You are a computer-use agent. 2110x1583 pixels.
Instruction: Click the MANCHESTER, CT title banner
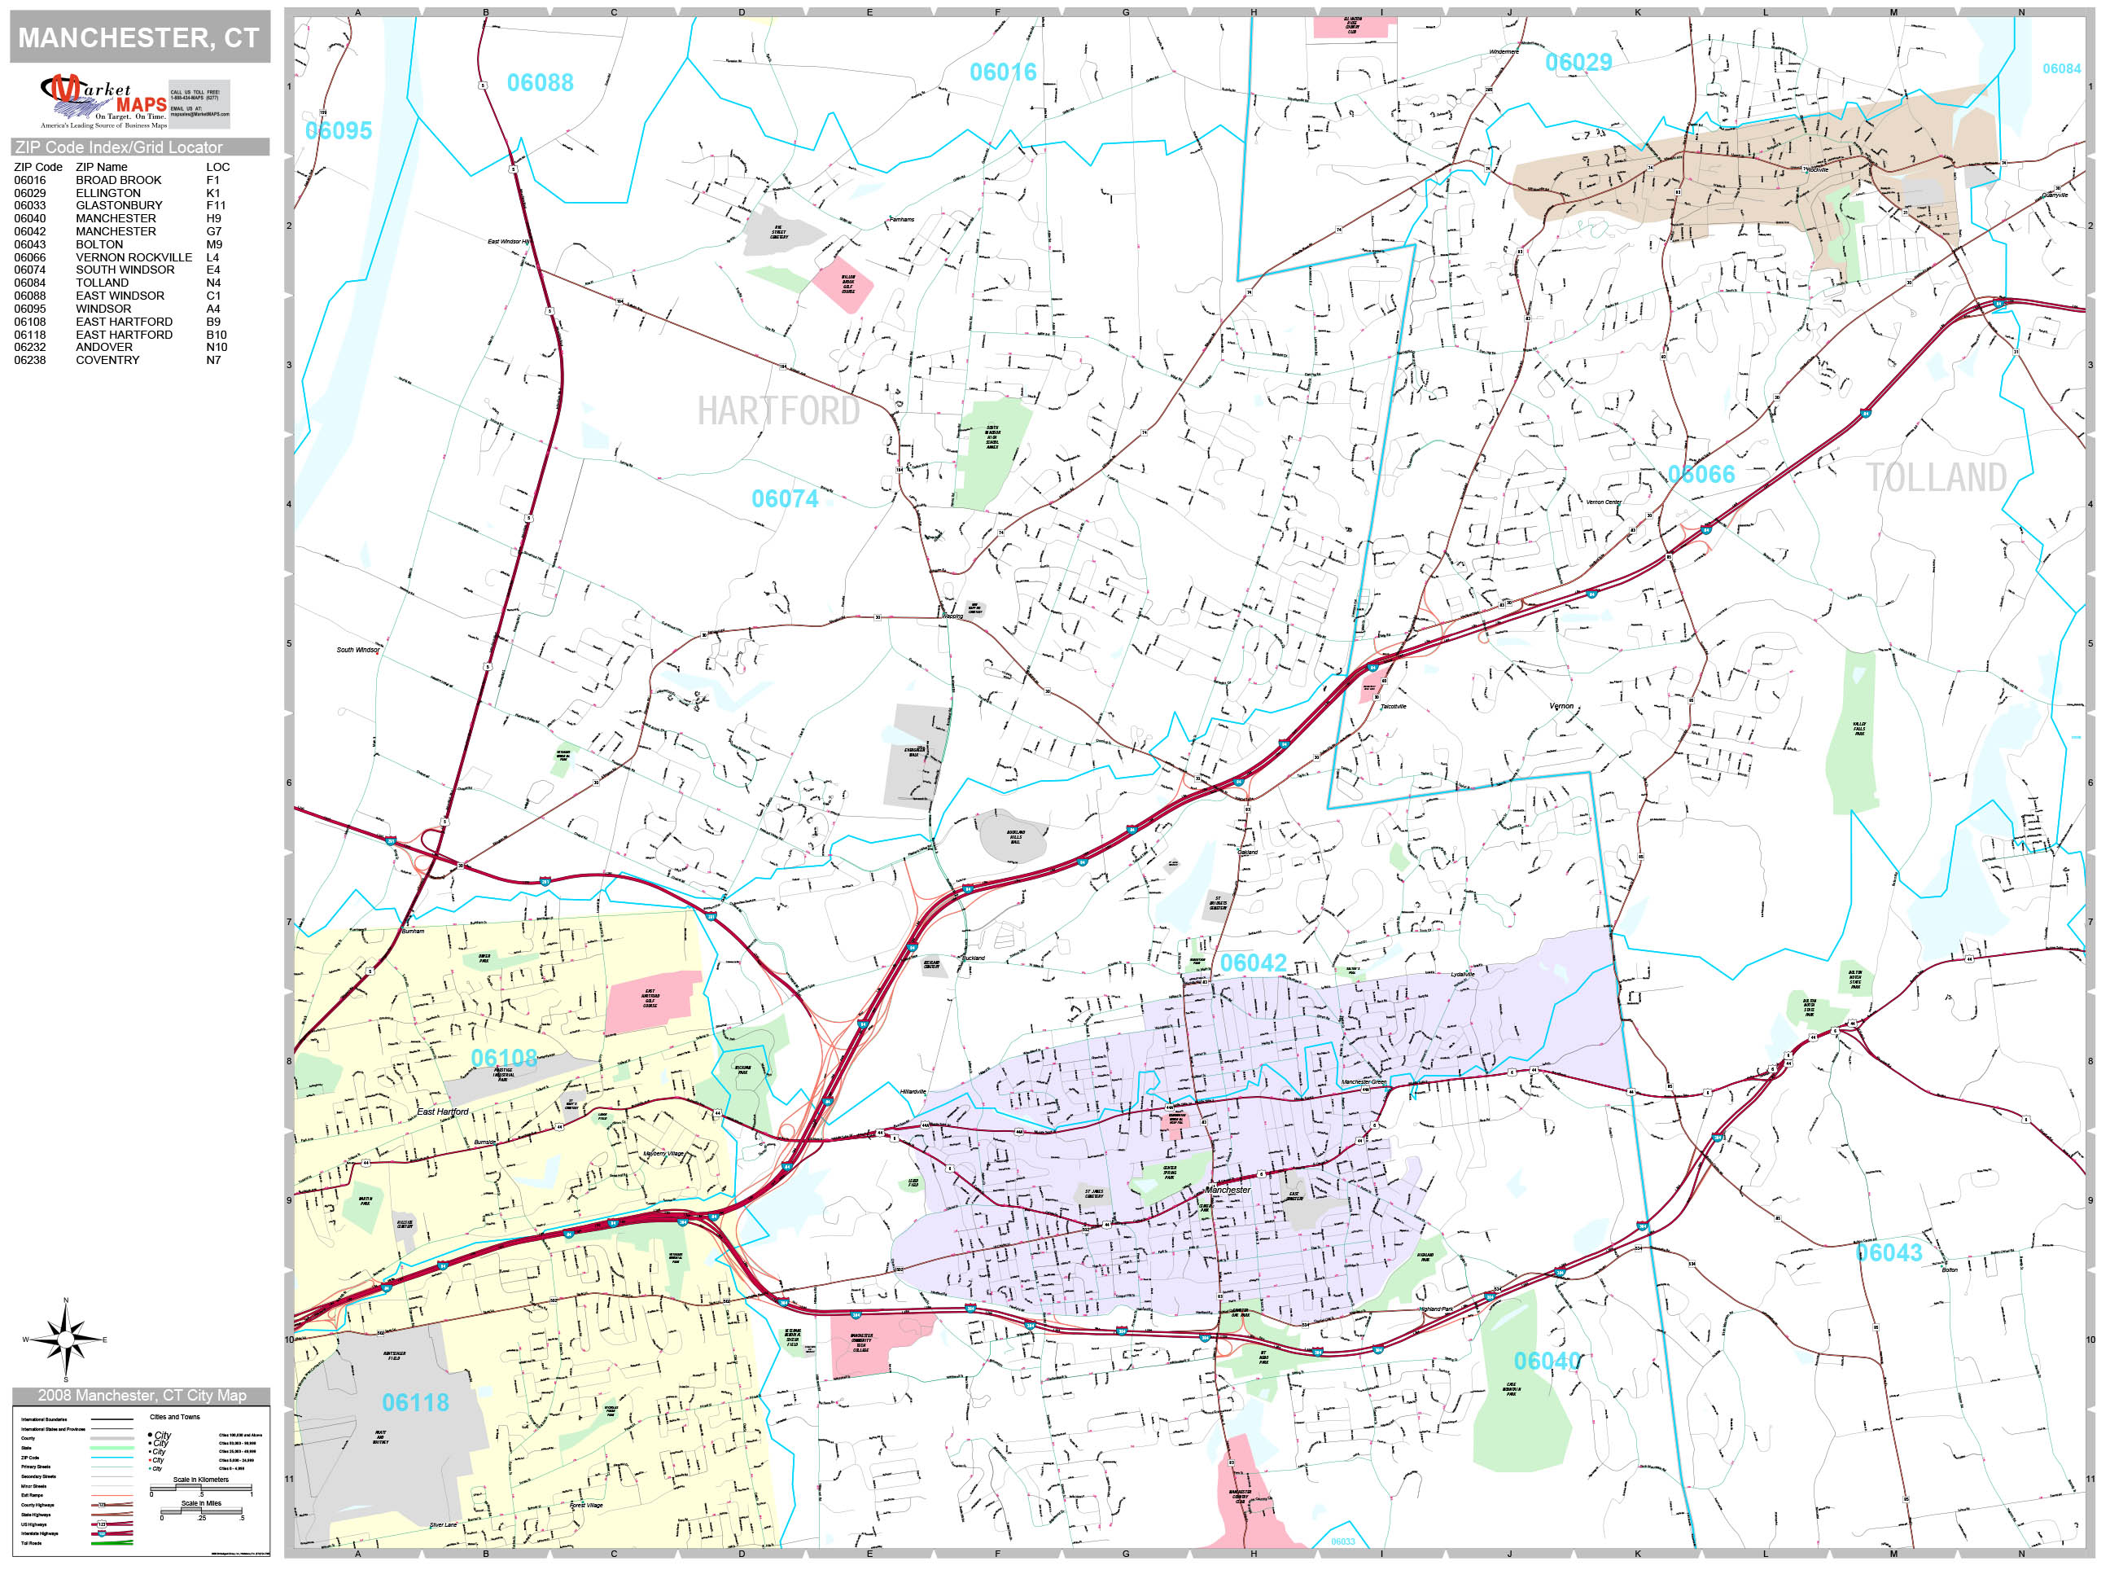pyautogui.click(x=139, y=37)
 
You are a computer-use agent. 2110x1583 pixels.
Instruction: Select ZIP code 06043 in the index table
pyautogui.click(x=29, y=244)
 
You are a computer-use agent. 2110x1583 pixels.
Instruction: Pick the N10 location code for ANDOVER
pyautogui.click(x=217, y=348)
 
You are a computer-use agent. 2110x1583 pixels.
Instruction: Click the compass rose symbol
pyautogui.click(x=65, y=1339)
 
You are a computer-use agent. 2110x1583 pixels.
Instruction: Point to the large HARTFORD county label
pyautogui.click(x=778, y=411)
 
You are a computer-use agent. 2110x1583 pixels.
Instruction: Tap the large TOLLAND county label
pyautogui.click(x=1936, y=477)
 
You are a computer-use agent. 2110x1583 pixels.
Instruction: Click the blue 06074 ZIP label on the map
pyautogui.click(x=784, y=498)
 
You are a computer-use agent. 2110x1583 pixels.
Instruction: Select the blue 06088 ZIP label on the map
pyautogui.click(x=540, y=83)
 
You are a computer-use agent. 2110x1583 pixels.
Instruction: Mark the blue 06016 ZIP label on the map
pyautogui.click(x=1003, y=72)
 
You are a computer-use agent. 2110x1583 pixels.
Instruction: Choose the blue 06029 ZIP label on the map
pyautogui.click(x=1578, y=63)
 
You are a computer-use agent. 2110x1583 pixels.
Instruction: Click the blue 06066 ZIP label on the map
pyautogui.click(x=1701, y=474)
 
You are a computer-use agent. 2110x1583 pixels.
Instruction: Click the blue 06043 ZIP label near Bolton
pyautogui.click(x=1889, y=1253)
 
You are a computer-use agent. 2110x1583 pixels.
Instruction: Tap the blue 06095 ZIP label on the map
pyautogui.click(x=339, y=131)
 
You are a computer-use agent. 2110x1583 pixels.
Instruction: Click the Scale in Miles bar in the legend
pyautogui.click(x=201, y=1511)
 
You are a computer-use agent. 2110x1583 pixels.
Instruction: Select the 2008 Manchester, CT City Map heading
pyautogui.click(x=141, y=1395)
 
